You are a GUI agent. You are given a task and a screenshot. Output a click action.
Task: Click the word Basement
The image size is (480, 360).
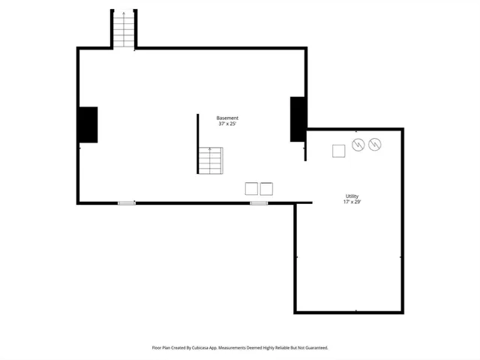point(227,118)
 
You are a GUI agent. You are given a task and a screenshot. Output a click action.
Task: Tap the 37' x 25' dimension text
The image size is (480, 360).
point(227,124)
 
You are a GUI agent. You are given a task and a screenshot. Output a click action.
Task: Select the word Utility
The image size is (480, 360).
point(352,196)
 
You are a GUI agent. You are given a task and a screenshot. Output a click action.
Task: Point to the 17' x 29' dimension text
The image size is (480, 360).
point(352,202)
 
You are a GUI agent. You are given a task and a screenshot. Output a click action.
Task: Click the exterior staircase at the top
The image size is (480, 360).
point(123,30)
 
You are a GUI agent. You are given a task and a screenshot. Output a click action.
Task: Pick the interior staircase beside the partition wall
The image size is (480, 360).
point(211,160)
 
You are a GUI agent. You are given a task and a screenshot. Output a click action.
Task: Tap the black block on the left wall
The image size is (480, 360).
point(88,124)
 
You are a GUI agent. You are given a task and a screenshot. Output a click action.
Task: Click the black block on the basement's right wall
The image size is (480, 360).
point(298,119)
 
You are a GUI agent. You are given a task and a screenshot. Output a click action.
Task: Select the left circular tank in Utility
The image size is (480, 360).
point(358,144)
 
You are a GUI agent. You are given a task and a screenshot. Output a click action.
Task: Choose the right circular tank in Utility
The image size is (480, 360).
point(375,144)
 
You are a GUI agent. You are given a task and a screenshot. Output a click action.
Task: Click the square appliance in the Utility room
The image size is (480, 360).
point(339,151)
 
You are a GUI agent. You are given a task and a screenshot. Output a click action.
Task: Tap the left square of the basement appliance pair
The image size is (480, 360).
point(251,189)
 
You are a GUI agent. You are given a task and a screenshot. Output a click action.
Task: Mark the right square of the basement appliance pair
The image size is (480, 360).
point(266,189)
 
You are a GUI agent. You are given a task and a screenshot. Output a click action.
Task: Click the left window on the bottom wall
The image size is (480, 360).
point(127,203)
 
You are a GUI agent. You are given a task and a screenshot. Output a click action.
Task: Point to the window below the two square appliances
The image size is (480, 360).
point(259,203)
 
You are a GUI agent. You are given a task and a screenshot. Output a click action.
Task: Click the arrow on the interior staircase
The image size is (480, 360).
point(211,150)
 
